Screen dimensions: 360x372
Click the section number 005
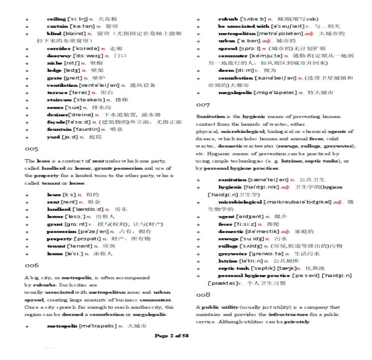[31, 149]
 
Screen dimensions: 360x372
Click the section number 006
[31, 266]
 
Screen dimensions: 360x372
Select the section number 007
[203, 105]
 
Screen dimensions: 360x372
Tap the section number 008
[203, 295]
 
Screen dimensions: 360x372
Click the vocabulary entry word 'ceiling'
[56, 19]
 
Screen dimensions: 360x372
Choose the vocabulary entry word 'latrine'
[227, 261]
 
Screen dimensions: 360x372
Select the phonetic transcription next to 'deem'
[245, 70]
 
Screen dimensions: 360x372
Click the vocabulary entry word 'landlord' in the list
[58, 210]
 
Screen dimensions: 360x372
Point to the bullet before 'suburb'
[198, 19]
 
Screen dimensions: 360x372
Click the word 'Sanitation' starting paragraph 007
[210, 117]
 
